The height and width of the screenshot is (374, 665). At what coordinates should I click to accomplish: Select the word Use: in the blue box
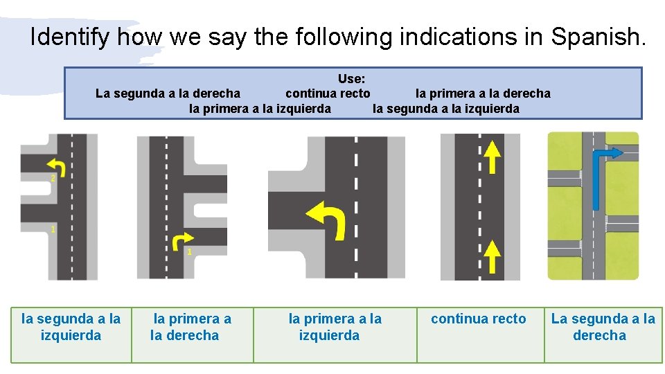[x=352, y=79]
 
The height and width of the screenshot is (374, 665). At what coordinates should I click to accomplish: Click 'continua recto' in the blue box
[x=328, y=93]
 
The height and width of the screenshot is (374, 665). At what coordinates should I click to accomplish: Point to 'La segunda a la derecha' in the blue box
[x=168, y=93]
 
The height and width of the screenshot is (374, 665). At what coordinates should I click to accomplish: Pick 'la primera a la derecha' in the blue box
[x=483, y=93]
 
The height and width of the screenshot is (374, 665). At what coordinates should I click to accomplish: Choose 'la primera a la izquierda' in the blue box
[x=260, y=109]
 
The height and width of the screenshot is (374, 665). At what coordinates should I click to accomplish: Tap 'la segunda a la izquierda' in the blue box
[x=446, y=109]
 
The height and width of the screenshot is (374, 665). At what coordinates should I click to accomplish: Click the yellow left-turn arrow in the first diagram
[x=55, y=166]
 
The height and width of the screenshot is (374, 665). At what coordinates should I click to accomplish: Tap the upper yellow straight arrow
[x=491, y=157]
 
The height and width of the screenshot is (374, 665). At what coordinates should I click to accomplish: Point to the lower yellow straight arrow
[x=491, y=256]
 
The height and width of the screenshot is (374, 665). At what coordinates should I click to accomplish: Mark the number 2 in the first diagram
[x=53, y=179]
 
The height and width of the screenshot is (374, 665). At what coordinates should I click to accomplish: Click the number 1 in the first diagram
[x=53, y=229]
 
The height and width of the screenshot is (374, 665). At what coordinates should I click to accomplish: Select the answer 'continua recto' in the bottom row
[x=479, y=319]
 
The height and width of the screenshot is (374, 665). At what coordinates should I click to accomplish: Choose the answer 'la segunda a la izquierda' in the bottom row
[x=71, y=327]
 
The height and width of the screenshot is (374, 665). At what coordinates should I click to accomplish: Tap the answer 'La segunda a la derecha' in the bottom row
[x=603, y=327]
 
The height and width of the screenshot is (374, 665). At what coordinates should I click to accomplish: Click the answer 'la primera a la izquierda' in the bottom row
[x=335, y=327]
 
